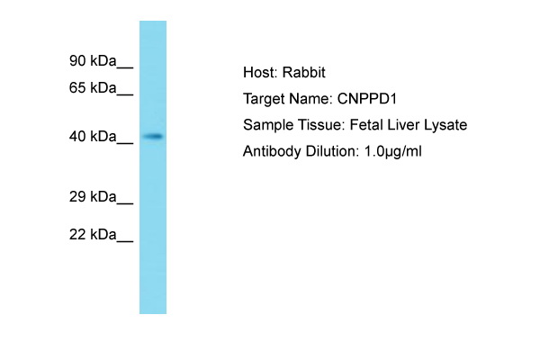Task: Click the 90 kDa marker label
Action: [x=93, y=61]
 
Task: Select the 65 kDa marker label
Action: [x=93, y=88]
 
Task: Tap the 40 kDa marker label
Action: [x=93, y=137]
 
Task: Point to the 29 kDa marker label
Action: [x=93, y=197]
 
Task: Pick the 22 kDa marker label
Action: [x=93, y=235]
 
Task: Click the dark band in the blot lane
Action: [x=153, y=137]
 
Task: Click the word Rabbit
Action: [x=304, y=73]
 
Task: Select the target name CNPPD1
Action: [x=367, y=99]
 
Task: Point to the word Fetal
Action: [x=366, y=125]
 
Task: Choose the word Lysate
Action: [x=445, y=125]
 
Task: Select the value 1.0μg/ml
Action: [x=392, y=151]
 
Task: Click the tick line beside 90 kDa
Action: [x=125, y=67]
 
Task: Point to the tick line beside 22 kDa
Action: [x=125, y=241]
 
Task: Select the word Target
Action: [x=264, y=100]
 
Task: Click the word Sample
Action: [x=267, y=125]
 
